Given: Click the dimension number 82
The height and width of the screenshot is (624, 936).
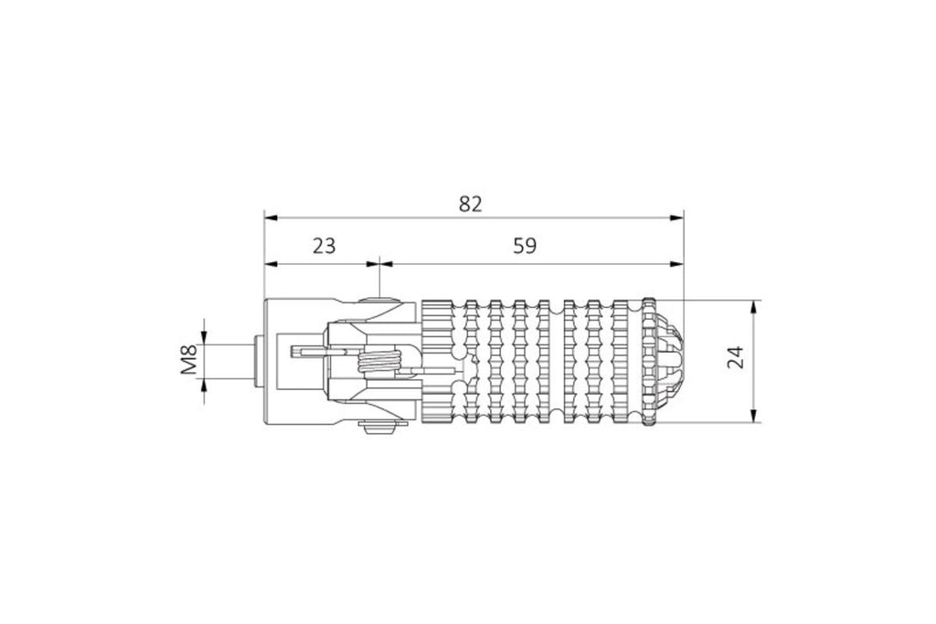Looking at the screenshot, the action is click(470, 204).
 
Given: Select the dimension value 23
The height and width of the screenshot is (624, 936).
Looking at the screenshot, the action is click(324, 245).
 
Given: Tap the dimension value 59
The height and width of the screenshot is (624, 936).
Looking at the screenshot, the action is click(525, 245).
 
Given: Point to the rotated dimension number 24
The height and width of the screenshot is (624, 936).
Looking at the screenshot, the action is click(736, 356).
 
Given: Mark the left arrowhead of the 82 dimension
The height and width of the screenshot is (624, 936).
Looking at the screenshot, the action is click(271, 217).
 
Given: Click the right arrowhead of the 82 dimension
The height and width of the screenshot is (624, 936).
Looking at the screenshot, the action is click(676, 217).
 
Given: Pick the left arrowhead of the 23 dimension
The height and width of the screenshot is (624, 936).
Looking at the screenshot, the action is click(271, 263).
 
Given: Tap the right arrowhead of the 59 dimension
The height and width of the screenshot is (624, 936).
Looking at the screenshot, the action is click(676, 263).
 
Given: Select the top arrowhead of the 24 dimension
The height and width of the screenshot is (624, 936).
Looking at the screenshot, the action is click(753, 306).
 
